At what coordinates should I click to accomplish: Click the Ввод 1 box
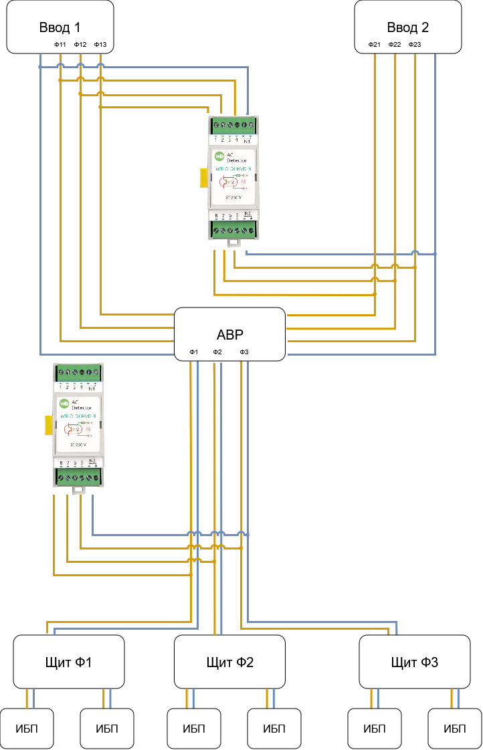coord(60,27)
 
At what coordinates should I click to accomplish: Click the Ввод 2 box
coord(407,27)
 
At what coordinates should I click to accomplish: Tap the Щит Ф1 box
coord(69,662)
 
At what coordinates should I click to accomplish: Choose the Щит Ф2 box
coord(229,662)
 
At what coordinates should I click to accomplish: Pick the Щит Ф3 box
coord(415,662)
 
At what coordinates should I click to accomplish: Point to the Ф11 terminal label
coord(60,45)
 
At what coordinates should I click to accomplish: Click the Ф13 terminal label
coord(100,45)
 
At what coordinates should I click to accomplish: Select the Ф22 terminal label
coord(395,45)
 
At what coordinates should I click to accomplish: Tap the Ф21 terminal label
coord(375,45)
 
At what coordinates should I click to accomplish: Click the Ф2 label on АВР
coord(217,352)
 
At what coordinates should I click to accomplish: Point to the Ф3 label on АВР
coord(244,352)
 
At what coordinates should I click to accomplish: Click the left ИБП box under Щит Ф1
coord(27,729)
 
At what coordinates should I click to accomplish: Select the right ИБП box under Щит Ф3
coord(455,729)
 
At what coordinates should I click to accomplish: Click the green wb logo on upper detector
coord(219,156)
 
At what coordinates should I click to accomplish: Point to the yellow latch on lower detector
coord(48,425)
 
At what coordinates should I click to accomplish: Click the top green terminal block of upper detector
coord(232,125)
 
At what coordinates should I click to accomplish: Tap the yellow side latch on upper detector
coord(203,177)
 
